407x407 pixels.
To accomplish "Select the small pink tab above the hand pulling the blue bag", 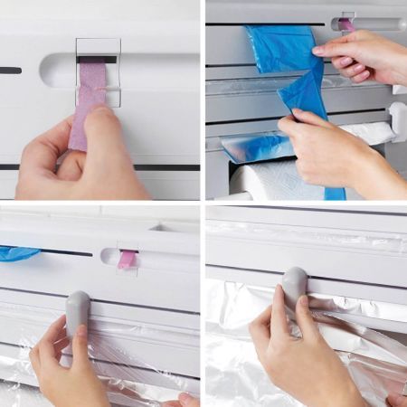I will (x=346, y=24).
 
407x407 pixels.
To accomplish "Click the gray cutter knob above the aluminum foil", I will (x=294, y=285).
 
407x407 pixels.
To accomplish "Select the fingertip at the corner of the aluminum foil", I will (x=394, y=399).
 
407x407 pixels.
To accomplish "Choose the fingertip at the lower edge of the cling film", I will (x=185, y=398).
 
